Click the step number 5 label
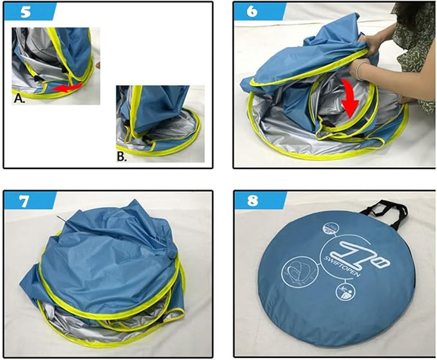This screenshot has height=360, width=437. pyautogui.click(x=26, y=12)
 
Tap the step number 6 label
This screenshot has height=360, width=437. pyautogui.click(x=252, y=12)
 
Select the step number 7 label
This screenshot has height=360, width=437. pyautogui.click(x=24, y=201)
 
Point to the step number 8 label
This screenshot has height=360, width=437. pyautogui.click(x=252, y=201)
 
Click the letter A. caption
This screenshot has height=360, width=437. pyautogui.click(x=19, y=98)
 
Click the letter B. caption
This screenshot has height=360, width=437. pyautogui.click(x=122, y=157)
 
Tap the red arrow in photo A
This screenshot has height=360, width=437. pyautogui.click(x=68, y=87)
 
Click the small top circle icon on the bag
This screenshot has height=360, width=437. pyautogui.click(x=331, y=229)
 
